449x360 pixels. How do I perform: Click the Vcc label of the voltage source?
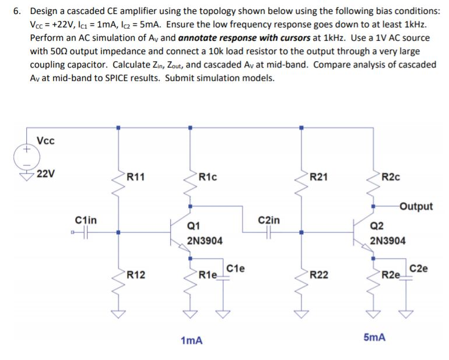(x=47, y=140)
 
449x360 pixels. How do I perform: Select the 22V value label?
(x=45, y=174)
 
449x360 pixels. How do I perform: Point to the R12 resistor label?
(x=136, y=273)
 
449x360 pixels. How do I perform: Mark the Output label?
(x=416, y=206)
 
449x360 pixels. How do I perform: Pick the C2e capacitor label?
(x=418, y=269)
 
